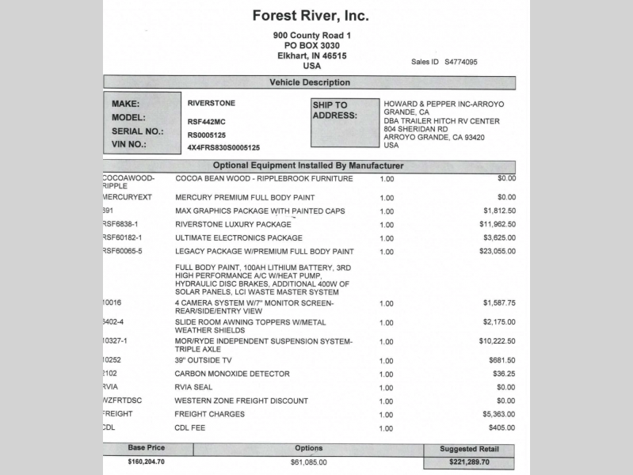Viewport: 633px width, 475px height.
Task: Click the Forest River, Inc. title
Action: pos(311,15)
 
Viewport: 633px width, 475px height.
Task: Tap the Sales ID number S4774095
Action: pos(461,62)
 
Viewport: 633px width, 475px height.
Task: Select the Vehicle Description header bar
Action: pos(309,82)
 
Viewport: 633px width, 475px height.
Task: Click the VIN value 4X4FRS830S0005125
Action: pos(223,148)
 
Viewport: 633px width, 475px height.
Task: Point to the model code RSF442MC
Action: pos(207,121)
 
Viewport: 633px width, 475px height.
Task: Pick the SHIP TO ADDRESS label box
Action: pos(340,123)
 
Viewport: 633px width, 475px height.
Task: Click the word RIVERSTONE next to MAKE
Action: pos(211,103)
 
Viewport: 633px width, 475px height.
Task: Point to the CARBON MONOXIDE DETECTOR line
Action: pos(232,374)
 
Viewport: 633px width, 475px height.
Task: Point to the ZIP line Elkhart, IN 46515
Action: pos(311,56)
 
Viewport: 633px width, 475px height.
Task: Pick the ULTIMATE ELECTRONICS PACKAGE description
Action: pos(238,237)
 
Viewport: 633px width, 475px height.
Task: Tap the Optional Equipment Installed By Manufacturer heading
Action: pos(308,166)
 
